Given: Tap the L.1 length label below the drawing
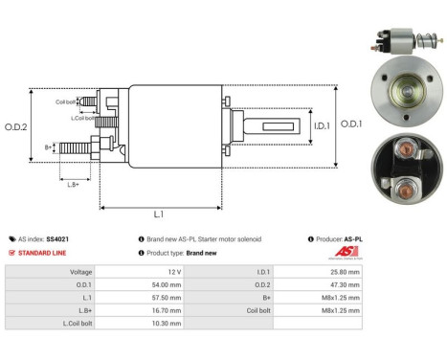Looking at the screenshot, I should coord(161,214).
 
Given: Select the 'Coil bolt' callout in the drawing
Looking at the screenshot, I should coord(65,101).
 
